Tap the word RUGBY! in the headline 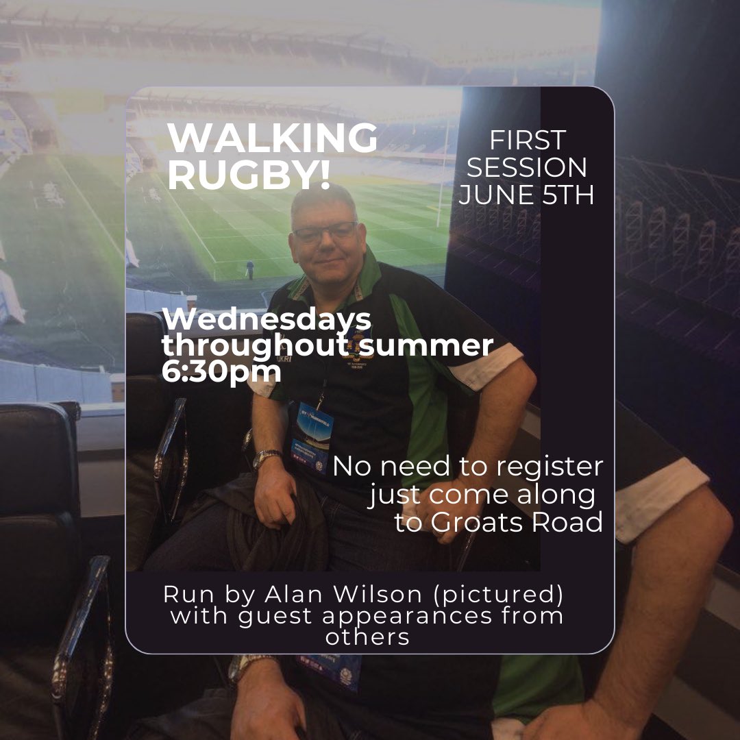click(x=249, y=174)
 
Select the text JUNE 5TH click(x=526, y=195)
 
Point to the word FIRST click(x=527, y=140)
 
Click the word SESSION click(x=526, y=168)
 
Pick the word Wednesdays click(x=267, y=320)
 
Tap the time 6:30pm click(x=221, y=371)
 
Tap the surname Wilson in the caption click(x=378, y=594)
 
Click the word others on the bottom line click(x=367, y=637)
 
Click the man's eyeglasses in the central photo click(x=325, y=232)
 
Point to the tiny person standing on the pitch click(x=249, y=270)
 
